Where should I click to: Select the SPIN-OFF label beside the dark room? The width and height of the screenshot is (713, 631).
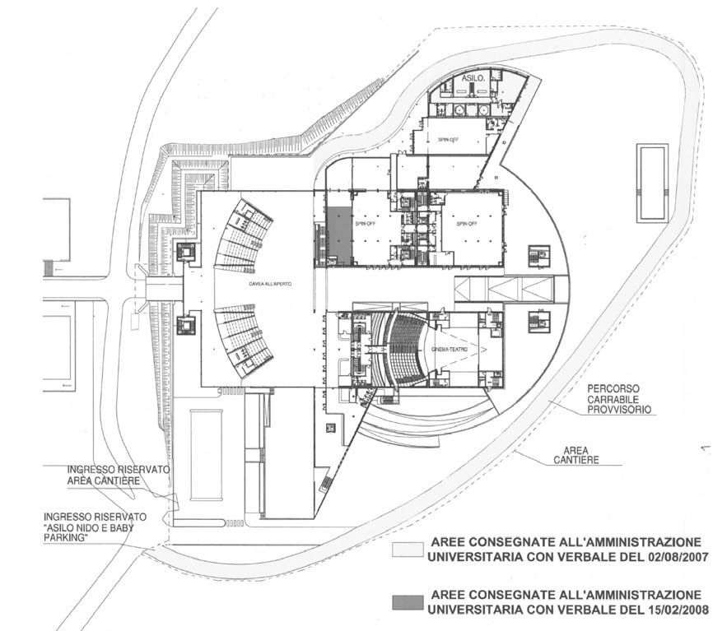[x=363, y=224]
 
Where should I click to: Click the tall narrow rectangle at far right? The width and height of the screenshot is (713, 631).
[x=652, y=183]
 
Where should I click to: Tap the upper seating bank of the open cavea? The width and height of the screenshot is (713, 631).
[x=245, y=236]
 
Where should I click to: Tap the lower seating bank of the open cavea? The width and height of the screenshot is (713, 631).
[x=245, y=337]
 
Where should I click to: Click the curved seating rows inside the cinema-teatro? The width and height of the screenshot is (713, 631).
[x=407, y=349]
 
